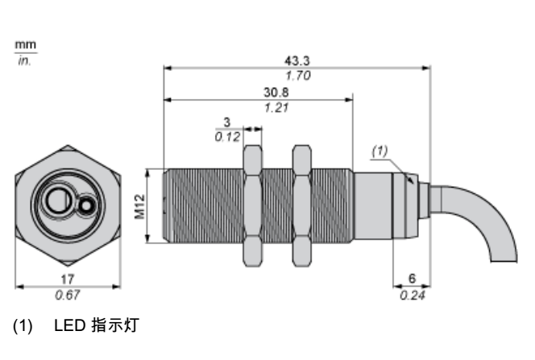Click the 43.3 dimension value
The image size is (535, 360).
click(297, 61)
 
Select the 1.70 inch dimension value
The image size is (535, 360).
click(298, 76)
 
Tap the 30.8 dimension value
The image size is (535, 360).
click(276, 93)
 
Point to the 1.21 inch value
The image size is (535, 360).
click(276, 108)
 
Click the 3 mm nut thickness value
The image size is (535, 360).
click(227, 122)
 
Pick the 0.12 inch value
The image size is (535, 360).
click(227, 137)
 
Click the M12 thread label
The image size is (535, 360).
click(140, 207)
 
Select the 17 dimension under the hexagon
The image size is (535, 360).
click(67, 279)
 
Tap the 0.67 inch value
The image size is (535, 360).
click(68, 295)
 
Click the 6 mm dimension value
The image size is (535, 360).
click(413, 279)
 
